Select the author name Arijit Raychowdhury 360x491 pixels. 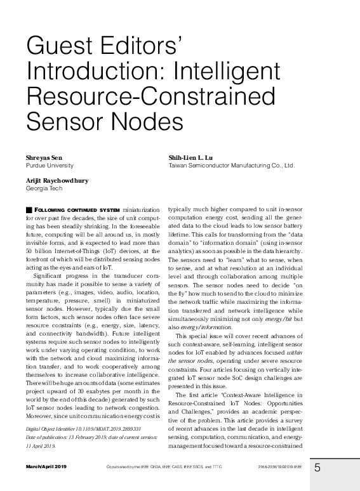pyautogui.click(x=57, y=181)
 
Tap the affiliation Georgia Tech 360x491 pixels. pyautogui.click(x=43, y=188)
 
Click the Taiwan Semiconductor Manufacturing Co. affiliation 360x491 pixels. pyautogui.click(x=231, y=165)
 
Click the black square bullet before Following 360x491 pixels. pyautogui.click(x=28, y=209)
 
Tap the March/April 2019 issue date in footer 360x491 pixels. pyautogui.click(x=45, y=466)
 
